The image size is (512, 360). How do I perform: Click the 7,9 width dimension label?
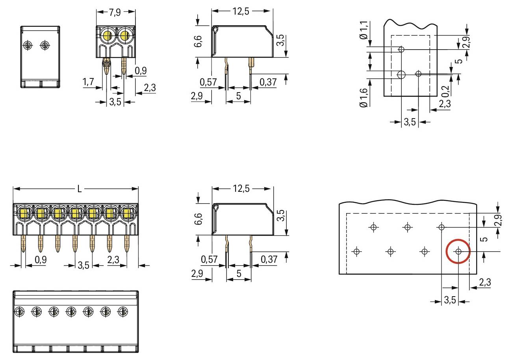click(x=115, y=12)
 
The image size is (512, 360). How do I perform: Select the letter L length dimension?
click(x=79, y=189)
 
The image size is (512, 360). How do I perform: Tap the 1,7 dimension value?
click(x=88, y=82)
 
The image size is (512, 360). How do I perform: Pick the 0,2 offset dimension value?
click(x=445, y=91)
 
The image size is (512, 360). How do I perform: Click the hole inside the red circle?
click(x=458, y=251)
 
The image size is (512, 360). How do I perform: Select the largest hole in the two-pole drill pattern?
click(x=401, y=74)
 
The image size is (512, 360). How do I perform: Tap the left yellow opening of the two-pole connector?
click(x=106, y=37)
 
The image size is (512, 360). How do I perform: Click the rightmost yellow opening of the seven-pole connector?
click(x=127, y=214)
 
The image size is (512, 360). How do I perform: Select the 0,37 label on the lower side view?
click(x=269, y=260)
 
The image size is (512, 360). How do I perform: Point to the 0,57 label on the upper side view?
click(x=208, y=82)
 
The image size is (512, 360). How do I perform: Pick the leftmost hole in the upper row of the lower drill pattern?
click(x=373, y=227)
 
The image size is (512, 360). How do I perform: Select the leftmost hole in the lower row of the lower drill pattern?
click(x=356, y=251)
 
